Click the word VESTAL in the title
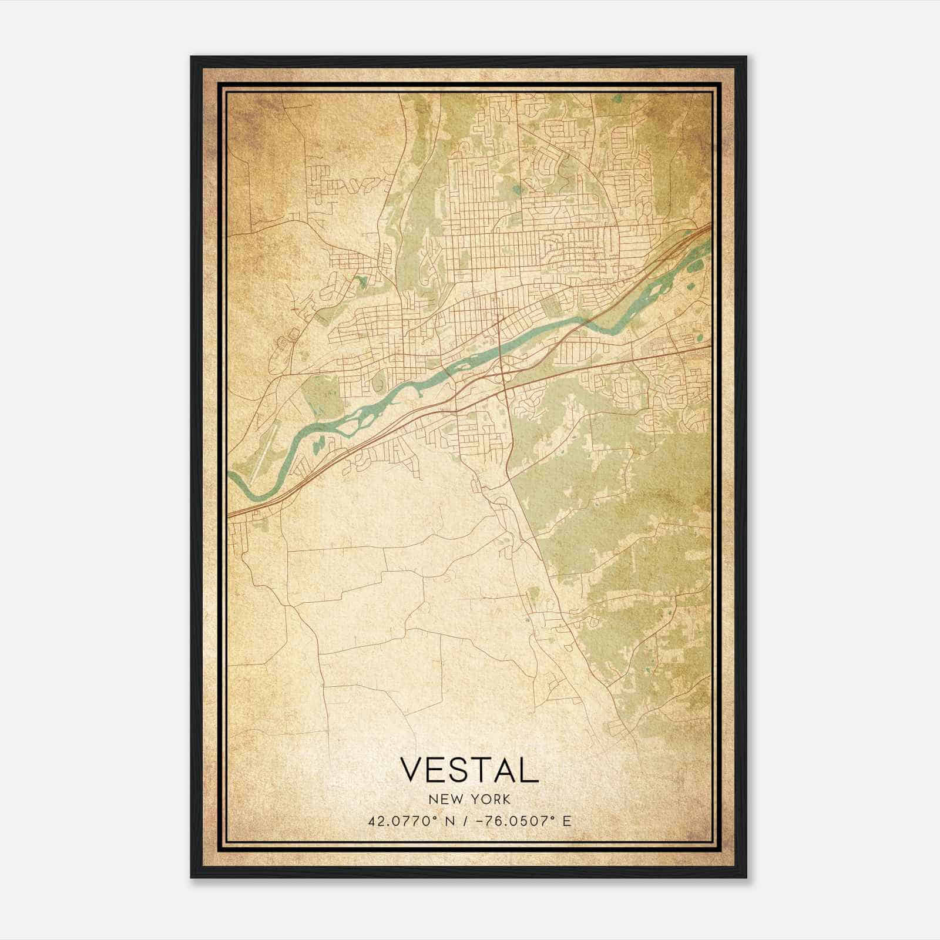[x=469, y=770]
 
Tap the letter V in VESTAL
[x=411, y=770]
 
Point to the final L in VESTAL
[x=530, y=770]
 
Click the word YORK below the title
[x=489, y=799]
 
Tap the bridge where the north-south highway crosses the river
[x=499, y=347]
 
